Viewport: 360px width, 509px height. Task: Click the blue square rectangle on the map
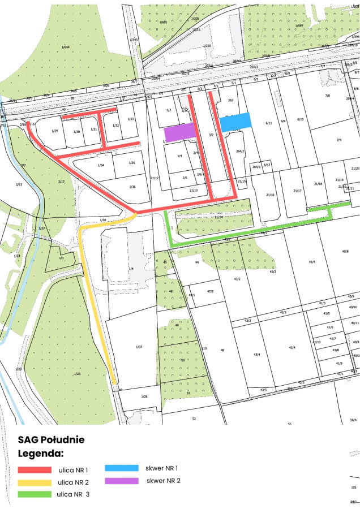pos(235,122)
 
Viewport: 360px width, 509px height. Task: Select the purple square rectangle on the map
pos(180,132)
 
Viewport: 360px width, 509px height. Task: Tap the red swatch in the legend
pos(35,470)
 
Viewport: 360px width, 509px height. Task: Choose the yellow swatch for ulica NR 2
pos(35,482)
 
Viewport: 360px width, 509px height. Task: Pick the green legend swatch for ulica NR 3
pos(35,494)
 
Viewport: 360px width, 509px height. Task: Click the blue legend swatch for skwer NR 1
pos(121,468)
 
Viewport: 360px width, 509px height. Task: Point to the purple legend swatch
pos(121,481)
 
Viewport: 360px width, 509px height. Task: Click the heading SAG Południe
pos(51,439)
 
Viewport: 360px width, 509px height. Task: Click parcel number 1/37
pos(139,346)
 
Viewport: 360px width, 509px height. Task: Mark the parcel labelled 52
pos(194,419)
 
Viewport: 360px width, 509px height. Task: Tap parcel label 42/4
pos(292,347)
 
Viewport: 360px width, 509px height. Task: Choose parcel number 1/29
pos(54,131)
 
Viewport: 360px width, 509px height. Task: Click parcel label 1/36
pos(132,187)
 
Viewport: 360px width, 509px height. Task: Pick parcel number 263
pos(230,100)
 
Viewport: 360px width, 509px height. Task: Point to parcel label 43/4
pos(256,354)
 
